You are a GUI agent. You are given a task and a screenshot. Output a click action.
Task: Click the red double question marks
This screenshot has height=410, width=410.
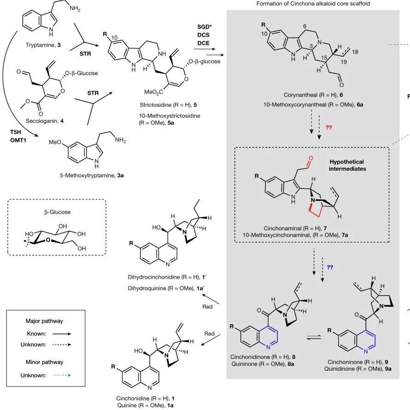coord(328,128)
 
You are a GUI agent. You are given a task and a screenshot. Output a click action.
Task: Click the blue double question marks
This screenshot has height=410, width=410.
coord(330,267)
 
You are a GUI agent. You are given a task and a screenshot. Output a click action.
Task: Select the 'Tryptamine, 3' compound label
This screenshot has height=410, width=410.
coord(43,45)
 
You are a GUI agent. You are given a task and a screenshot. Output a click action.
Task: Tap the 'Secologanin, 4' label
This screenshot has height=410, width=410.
coord(45,121)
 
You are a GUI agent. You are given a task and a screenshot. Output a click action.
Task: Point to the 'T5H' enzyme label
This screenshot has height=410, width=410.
coord(16,133)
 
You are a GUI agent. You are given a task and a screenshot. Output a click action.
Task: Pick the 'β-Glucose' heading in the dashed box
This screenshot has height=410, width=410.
coord(57,212)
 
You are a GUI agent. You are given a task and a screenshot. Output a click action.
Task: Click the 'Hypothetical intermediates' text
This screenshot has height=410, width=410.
coord(347,165)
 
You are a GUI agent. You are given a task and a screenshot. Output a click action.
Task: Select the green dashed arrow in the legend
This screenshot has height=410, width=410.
coord(62,375)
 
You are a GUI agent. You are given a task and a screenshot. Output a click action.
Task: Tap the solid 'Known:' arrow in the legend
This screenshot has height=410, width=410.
coord(62,334)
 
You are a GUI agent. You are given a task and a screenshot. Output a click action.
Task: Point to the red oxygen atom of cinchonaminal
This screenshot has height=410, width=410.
coord(310,158)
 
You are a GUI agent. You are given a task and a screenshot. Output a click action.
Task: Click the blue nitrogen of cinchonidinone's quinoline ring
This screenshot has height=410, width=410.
coord(268,347)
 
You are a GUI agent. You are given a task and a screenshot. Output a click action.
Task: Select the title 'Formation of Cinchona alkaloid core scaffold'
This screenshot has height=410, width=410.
coord(313,4)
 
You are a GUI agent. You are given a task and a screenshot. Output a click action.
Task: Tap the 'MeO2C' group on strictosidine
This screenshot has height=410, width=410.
coord(154,92)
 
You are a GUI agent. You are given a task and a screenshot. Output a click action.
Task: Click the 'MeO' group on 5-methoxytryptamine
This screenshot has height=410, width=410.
coord(55,142)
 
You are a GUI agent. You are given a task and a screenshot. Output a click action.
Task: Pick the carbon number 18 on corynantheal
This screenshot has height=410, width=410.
coord(355,52)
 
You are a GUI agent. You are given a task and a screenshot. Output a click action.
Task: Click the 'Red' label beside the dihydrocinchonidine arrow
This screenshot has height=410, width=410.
coord(207,306)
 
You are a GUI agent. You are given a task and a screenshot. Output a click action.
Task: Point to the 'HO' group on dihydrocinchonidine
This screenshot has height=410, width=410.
coord(156,228)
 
